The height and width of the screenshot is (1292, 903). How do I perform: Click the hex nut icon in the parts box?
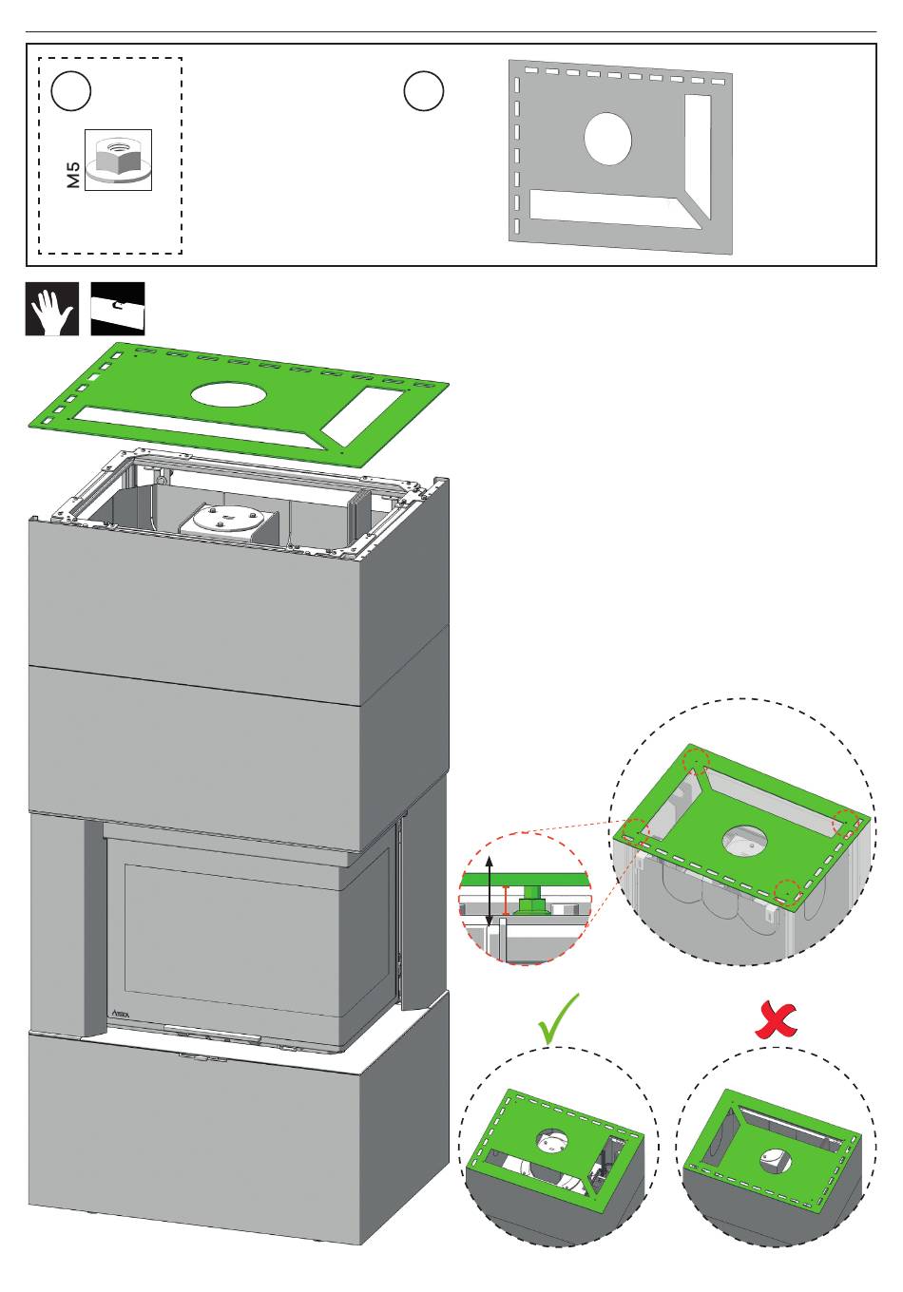tap(118, 160)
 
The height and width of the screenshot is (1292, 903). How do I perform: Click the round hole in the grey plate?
tap(607, 139)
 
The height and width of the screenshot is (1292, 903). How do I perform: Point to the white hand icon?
tap(51, 309)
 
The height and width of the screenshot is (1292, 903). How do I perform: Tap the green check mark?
tap(558, 1018)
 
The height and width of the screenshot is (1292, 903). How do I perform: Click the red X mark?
tap(777, 1019)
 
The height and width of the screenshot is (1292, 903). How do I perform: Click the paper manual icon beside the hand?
tap(118, 309)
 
